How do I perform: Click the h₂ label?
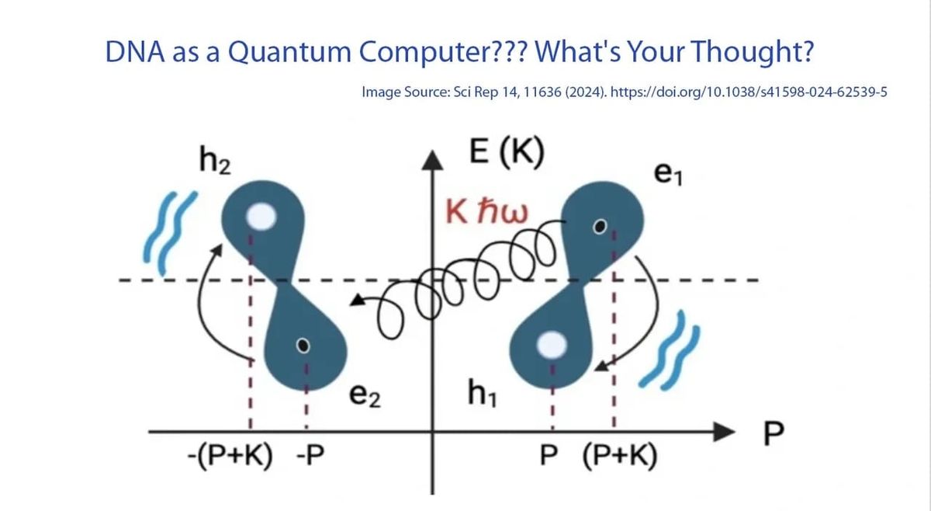tap(213, 162)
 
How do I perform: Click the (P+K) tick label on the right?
tap(619, 456)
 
